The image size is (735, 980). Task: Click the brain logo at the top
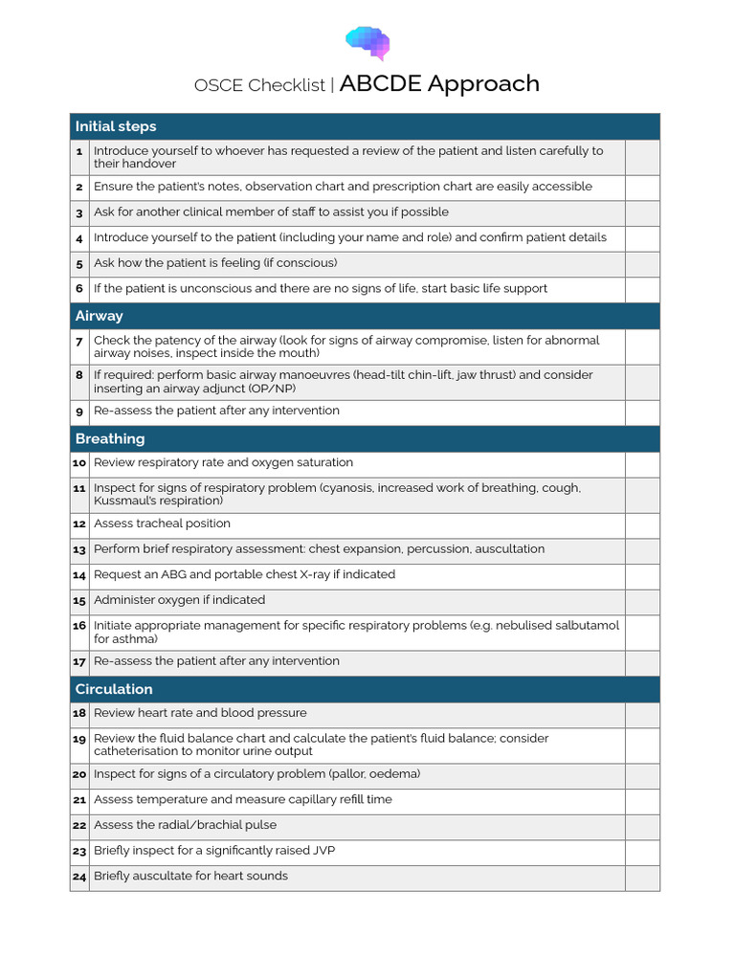[367, 42]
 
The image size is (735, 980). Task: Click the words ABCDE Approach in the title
[439, 84]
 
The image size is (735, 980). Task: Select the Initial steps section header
[116, 126]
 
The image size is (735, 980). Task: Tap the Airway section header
[100, 316]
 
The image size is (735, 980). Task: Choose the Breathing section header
[110, 438]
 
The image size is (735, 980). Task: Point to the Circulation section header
[114, 689]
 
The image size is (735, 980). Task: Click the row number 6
[79, 289]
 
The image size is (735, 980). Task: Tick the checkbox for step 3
[642, 212]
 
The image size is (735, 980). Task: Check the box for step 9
[642, 412]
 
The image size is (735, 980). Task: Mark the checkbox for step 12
[642, 524]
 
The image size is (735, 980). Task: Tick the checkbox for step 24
[642, 877]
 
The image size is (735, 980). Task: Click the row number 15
[79, 601]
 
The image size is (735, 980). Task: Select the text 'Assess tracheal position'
[162, 523]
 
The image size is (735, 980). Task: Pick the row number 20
[79, 774]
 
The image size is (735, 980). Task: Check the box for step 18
[642, 714]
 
